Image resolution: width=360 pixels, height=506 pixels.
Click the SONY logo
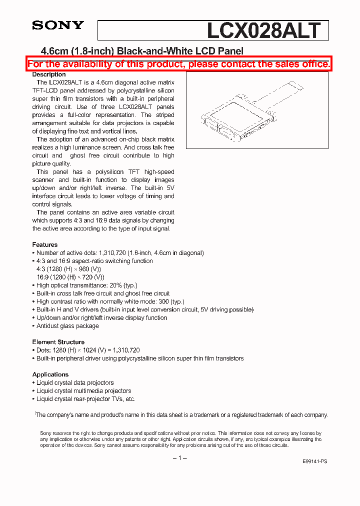pos(58,25)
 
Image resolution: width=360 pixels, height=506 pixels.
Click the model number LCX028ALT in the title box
pos(263,31)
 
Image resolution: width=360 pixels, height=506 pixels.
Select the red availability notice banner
pos(178,64)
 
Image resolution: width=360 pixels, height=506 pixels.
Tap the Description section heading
pos(49,74)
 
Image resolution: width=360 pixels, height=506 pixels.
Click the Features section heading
pos(45,244)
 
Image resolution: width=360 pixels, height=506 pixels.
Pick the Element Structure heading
pos(58,342)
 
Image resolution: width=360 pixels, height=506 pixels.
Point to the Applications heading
pos(50,374)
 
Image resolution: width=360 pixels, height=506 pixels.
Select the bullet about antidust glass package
pos(67,326)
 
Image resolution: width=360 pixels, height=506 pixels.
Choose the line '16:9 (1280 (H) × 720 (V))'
pos(70,277)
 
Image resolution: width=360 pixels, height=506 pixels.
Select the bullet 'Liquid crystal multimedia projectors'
pos(83,391)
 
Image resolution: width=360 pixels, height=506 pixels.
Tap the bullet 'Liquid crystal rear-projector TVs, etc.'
pos(85,399)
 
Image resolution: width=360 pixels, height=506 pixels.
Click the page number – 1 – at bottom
pos(179,458)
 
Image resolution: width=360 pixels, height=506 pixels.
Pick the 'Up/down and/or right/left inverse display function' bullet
pos(101,318)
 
